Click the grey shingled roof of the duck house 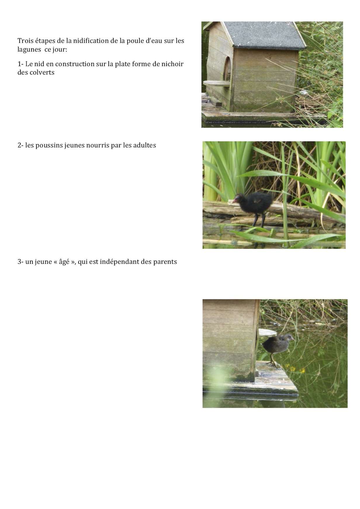click(x=264, y=35)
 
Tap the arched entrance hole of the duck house click(x=227, y=69)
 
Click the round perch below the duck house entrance click(x=217, y=83)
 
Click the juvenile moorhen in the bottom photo click(x=277, y=348)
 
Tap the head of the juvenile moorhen click(x=288, y=338)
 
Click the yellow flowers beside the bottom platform click(x=295, y=368)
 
